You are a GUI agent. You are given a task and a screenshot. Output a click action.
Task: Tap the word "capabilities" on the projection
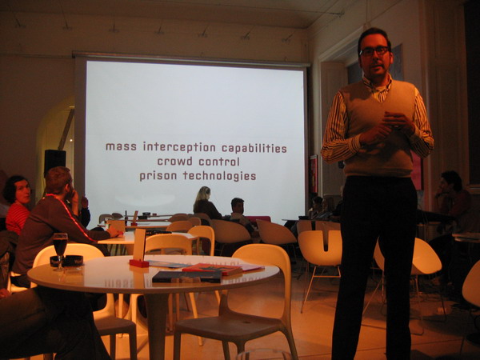pyautogui.click(x=254, y=149)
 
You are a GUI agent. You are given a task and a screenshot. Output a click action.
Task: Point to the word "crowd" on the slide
pyautogui.click(x=174, y=162)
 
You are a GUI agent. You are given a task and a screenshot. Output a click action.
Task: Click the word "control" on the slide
pyautogui.click(x=219, y=162)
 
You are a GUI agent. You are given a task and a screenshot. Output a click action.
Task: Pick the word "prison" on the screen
pyautogui.click(x=158, y=176)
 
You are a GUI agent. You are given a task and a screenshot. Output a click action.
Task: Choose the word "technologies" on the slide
pyautogui.click(x=219, y=176)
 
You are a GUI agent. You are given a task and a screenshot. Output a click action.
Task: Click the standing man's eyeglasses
pyautogui.click(x=374, y=51)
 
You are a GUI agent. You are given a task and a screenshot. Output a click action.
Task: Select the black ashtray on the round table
pyautogui.click(x=66, y=261)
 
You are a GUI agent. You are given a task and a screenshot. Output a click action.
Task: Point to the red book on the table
pyautogui.click(x=212, y=269)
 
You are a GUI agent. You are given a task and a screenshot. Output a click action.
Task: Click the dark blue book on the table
pyautogui.click(x=186, y=277)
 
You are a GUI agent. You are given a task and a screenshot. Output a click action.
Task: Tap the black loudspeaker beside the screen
pyautogui.click(x=54, y=161)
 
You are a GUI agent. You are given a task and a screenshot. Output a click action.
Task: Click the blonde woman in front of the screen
pyautogui.click(x=206, y=203)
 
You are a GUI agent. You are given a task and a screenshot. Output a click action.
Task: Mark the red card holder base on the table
pyautogui.click(x=139, y=263)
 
